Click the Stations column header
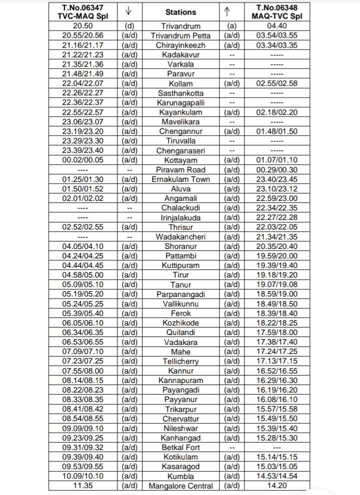coord(180,12)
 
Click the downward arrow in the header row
coord(129,11)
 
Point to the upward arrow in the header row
coord(231,11)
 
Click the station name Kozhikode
coord(180,323)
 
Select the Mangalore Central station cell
coord(180,486)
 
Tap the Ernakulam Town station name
coord(180,179)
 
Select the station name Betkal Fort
coord(180,447)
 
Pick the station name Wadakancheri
coord(180,237)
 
